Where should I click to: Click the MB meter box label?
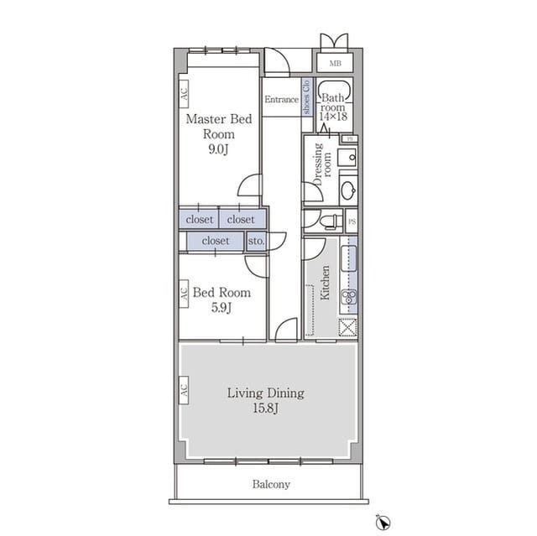[335, 63]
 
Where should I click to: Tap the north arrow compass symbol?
[383, 523]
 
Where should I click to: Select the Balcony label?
[271, 484]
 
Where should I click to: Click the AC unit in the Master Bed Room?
[184, 94]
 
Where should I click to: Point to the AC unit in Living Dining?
[184, 390]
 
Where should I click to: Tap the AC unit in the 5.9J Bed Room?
[184, 294]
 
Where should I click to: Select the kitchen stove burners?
[349, 296]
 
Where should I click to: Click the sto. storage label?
[256, 241]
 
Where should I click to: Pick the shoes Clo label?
[306, 96]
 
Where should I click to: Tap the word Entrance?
[282, 99]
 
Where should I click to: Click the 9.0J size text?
[218, 149]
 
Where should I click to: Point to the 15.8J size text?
[266, 408]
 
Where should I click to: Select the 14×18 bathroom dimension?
[333, 117]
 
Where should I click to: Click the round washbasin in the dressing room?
[349, 190]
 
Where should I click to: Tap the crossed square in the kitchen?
[347, 327]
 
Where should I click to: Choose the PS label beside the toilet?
[352, 221]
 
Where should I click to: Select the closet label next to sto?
[216, 241]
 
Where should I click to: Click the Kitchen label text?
[325, 283]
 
